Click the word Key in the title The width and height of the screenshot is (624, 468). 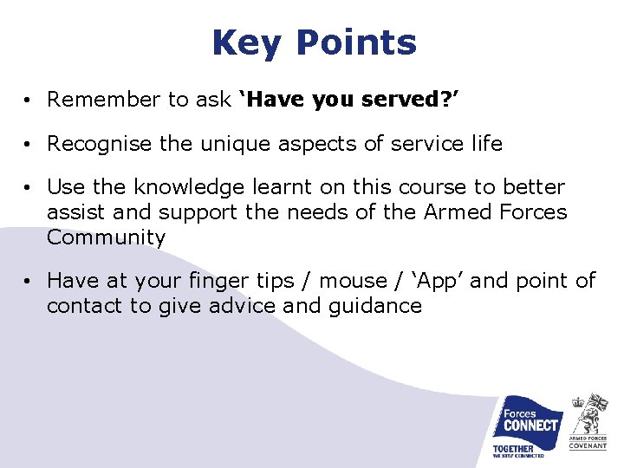246,42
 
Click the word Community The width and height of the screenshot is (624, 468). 106,237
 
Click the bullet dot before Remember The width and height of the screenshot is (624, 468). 29,101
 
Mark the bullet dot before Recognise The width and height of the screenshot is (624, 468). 29,145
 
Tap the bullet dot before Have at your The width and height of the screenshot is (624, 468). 29,282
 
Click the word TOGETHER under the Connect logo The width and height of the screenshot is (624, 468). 513,448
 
